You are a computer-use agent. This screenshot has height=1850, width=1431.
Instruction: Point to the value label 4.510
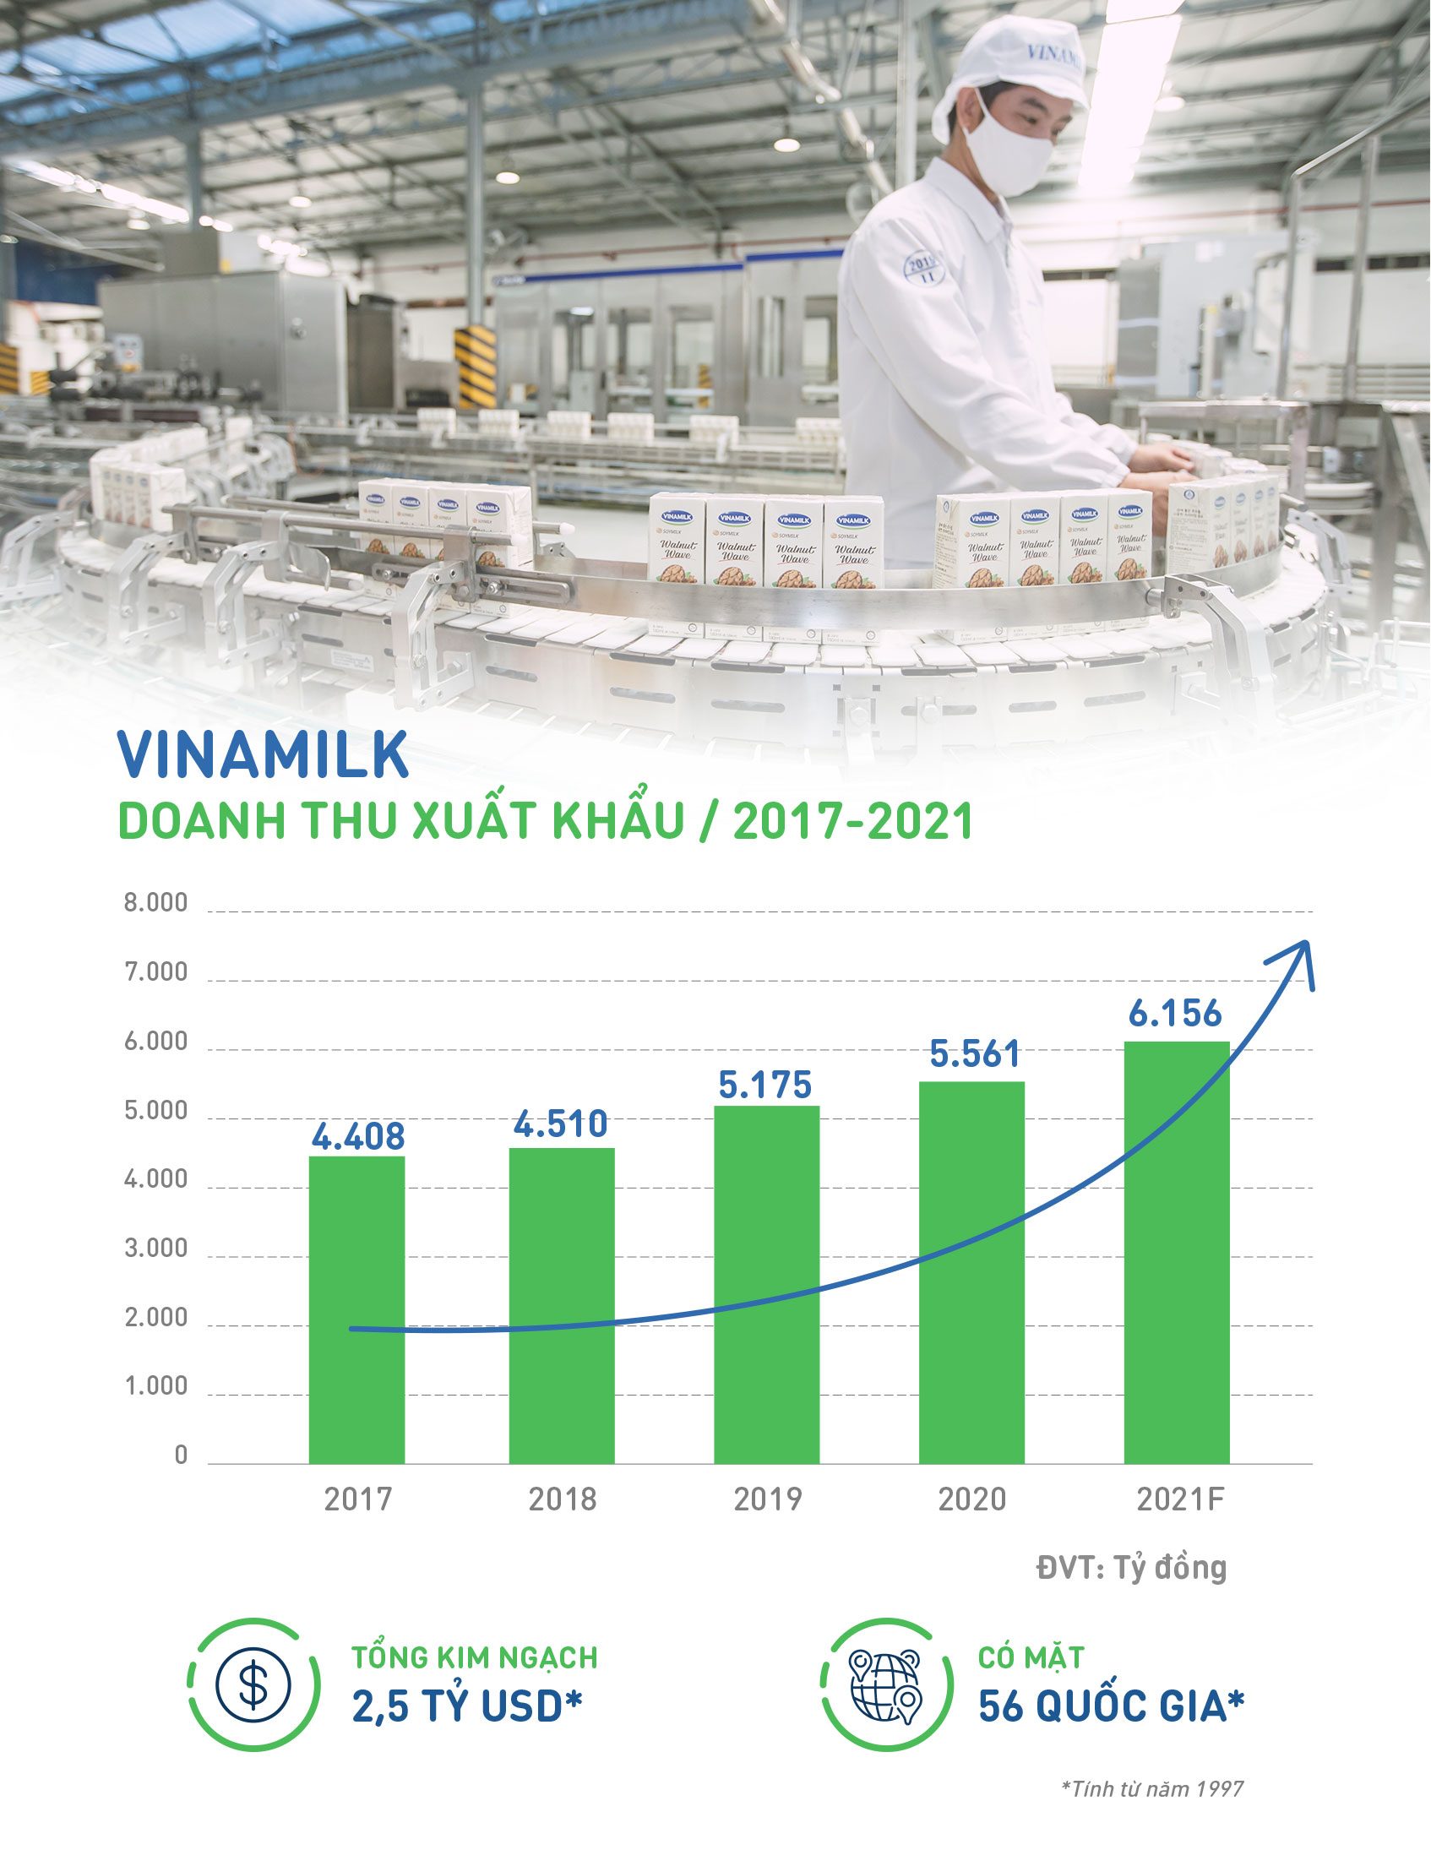[x=561, y=1124]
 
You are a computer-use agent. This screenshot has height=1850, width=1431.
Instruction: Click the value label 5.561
[x=974, y=1053]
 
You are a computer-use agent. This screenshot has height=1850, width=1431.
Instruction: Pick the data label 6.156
[x=1175, y=1013]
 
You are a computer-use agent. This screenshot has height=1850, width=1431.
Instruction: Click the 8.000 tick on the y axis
[x=156, y=903]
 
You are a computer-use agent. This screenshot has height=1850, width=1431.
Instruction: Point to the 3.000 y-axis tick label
[x=156, y=1249]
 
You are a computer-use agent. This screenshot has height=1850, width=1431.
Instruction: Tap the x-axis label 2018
[x=563, y=1499]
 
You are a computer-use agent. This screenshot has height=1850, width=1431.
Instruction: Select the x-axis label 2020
[x=971, y=1499]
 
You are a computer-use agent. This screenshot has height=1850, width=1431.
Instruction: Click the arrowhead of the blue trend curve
[x=1297, y=957]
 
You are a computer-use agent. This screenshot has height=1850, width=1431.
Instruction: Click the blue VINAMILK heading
[x=264, y=754]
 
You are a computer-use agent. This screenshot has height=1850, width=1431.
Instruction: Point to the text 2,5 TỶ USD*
[x=467, y=1706]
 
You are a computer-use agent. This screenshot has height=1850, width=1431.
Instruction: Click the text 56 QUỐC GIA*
[x=1111, y=1706]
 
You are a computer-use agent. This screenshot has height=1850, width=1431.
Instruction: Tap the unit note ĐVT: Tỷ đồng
[x=1131, y=1568]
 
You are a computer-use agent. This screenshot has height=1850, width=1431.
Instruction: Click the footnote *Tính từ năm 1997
[x=1152, y=1789]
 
